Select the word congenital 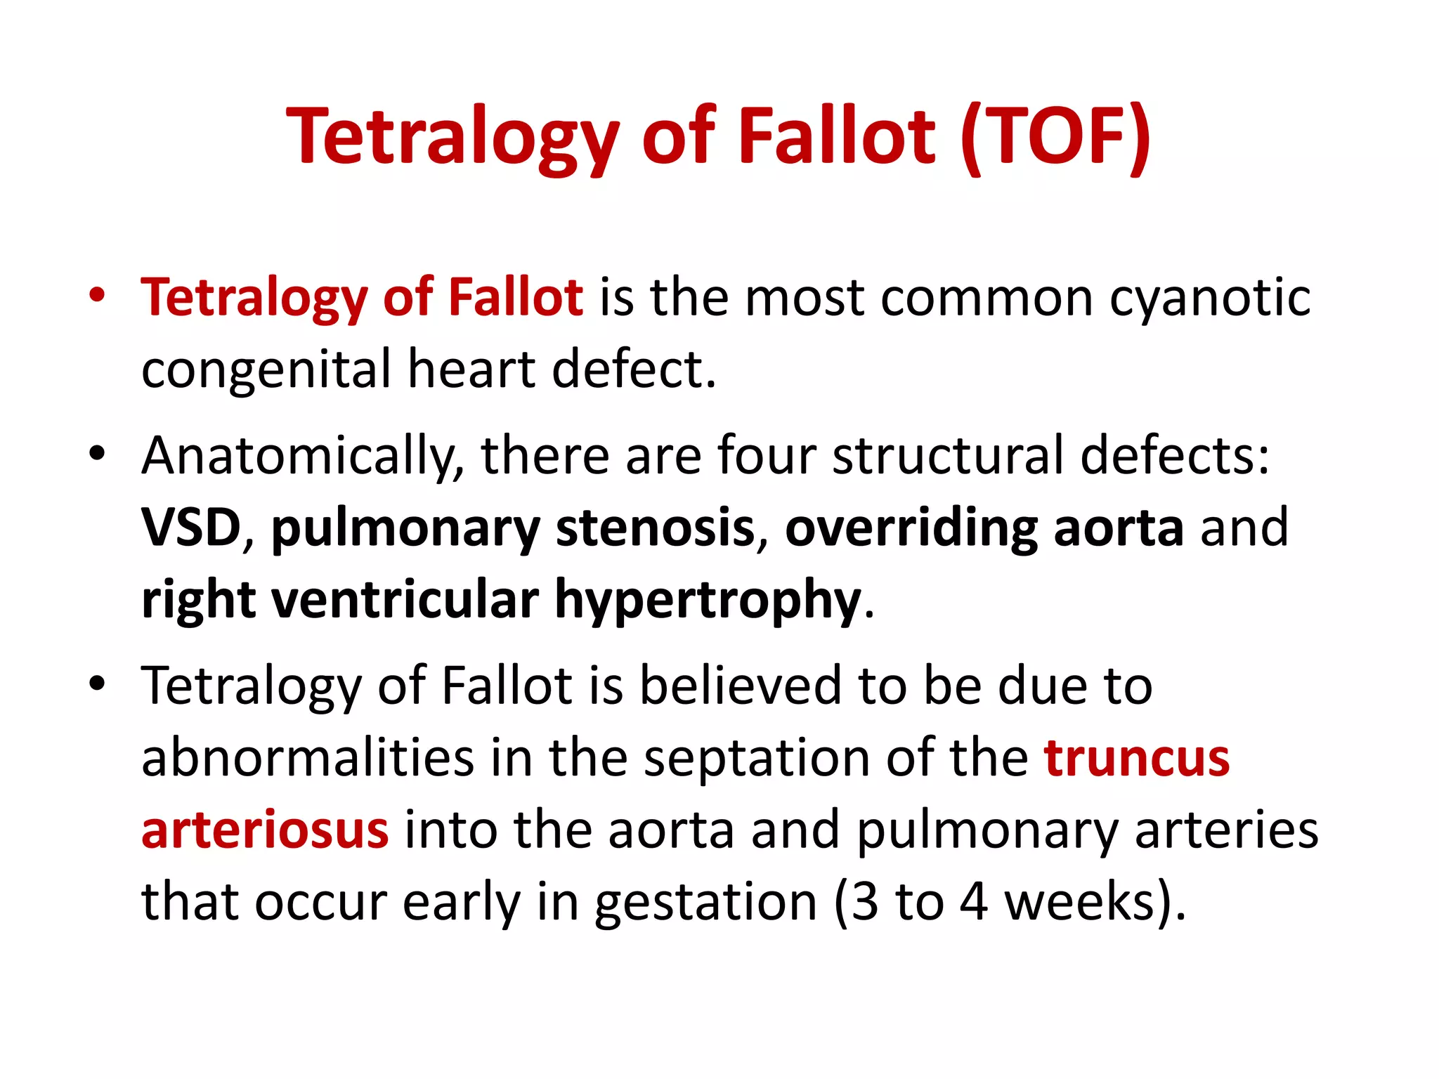(x=266, y=370)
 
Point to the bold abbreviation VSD (x=191, y=528)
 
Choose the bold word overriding (x=911, y=528)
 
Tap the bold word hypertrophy (x=708, y=601)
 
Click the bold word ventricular (x=405, y=600)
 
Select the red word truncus (x=1136, y=759)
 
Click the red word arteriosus (x=265, y=830)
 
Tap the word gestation (x=705, y=903)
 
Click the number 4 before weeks (x=974, y=902)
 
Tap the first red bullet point (x=97, y=295)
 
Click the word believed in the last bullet (x=741, y=686)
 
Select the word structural (x=948, y=457)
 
